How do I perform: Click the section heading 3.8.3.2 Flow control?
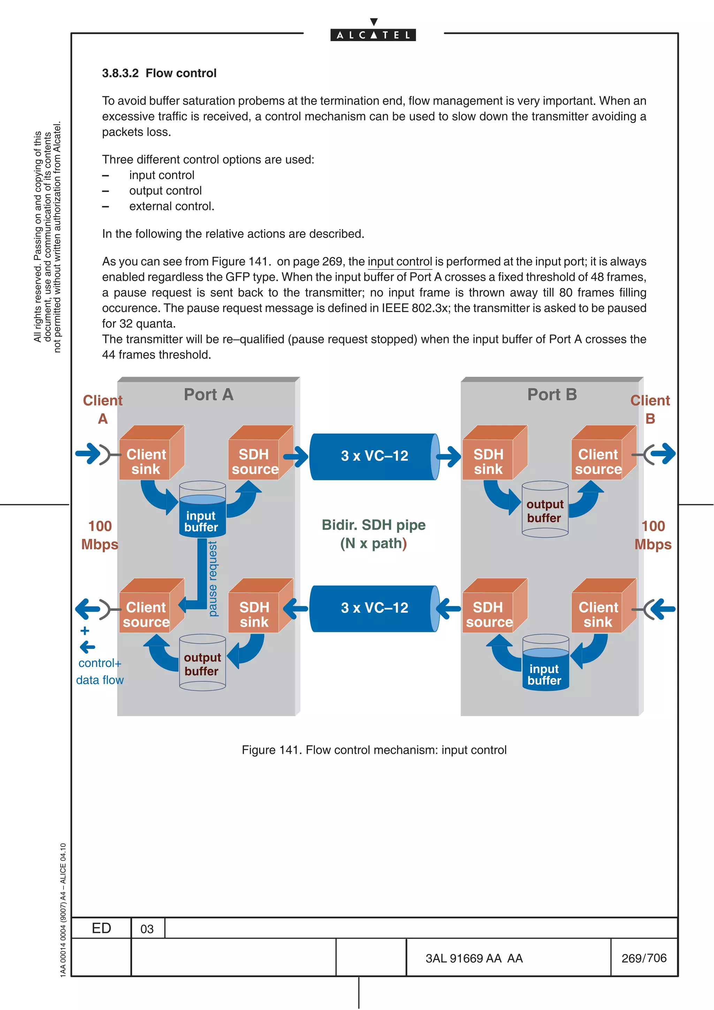tap(159, 73)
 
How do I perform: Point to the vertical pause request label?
tap(213, 579)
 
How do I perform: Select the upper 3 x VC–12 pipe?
tap(374, 456)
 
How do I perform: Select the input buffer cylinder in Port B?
tap(545, 669)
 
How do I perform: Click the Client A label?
tap(102, 409)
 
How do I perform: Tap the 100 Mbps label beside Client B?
tap(653, 535)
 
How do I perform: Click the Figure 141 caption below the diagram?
tap(374, 750)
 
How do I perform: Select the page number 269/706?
tap(644, 958)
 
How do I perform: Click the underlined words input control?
tap(400, 262)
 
